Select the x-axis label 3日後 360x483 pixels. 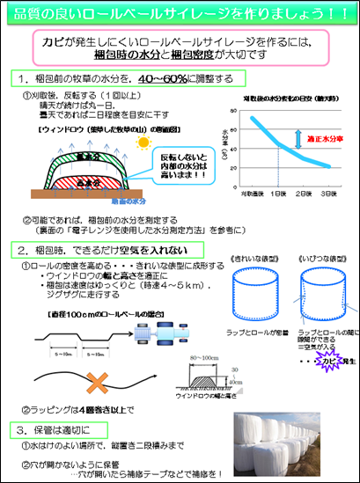pos(329,193)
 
